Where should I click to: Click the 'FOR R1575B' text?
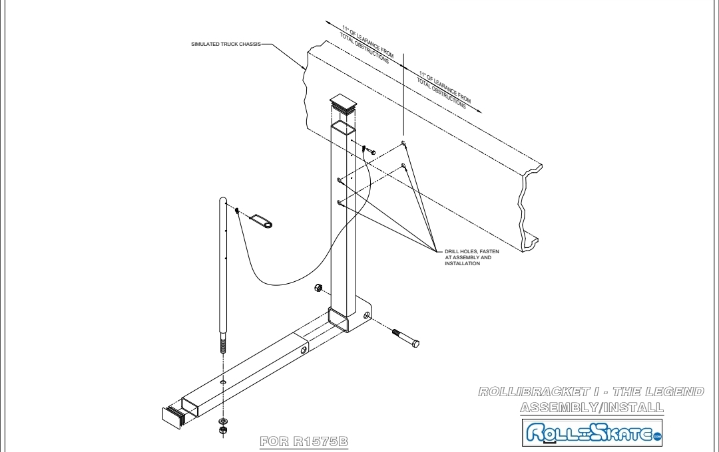(x=304, y=441)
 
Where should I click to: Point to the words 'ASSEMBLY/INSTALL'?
(x=591, y=407)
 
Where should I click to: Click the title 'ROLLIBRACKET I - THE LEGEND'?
(x=591, y=392)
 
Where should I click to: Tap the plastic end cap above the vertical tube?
(x=343, y=103)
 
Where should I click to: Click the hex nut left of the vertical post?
(x=318, y=288)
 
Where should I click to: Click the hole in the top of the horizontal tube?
(x=222, y=382)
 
